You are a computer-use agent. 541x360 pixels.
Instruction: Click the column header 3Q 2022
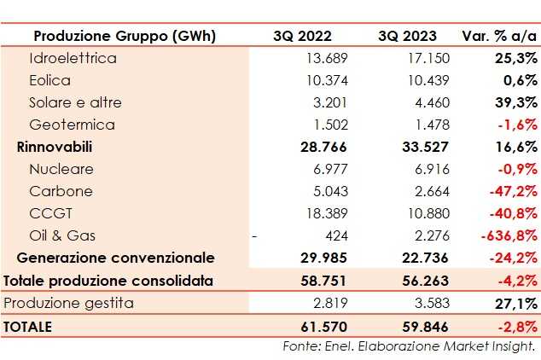pyautogui.click(x=302, y=36)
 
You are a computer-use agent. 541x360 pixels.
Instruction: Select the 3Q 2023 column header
pyautogui.click(x=407, y=36)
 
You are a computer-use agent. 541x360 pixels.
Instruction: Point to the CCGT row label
pyautogui.click(x=49, y=213)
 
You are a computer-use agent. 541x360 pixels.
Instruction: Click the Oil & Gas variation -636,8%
pyautogui.click(x=509, y=235)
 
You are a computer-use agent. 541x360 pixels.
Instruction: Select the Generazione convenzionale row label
pyautogui.click(x=115, y=258)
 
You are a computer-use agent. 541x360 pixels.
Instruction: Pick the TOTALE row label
pyautogui.click(x=28, y=326)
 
